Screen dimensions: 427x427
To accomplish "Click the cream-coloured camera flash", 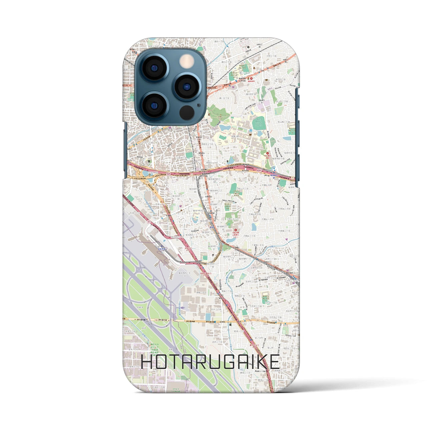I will pyautogui.click(x=187, y=62).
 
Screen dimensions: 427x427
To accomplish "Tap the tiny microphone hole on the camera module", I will pyautogui.click(x=198, y=105).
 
